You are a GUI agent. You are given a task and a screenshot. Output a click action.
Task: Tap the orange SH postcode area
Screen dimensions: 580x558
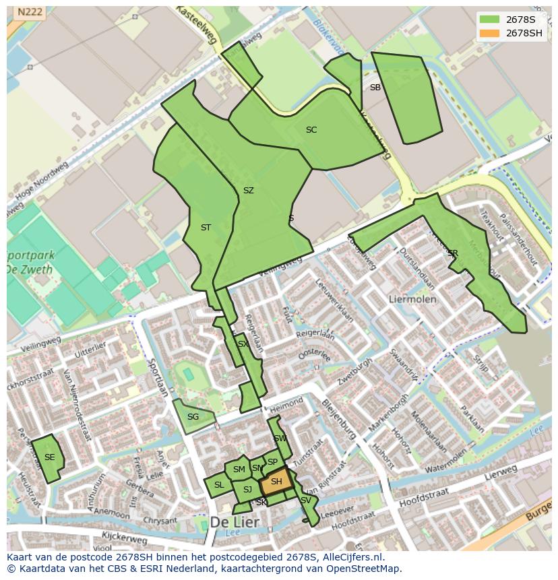(276, 482)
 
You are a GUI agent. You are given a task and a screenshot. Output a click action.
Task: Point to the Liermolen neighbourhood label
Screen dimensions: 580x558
(412, 298)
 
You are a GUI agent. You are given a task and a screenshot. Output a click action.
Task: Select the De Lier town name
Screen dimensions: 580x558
(235, 522)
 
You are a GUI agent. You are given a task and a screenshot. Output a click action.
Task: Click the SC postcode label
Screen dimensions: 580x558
(311, 130)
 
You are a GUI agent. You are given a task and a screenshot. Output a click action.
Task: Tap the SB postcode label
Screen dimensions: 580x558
(375, 88)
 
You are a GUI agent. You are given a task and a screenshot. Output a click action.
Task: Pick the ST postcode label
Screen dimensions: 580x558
(206, 228)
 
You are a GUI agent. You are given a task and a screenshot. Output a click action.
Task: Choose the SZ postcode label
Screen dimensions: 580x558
(249, 191)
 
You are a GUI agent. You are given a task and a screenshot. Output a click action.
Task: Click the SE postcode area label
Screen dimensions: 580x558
(49, 457)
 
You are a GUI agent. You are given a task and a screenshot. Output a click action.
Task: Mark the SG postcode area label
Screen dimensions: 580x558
(193, 417)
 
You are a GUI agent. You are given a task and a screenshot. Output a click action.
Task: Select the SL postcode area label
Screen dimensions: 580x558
(219, 485)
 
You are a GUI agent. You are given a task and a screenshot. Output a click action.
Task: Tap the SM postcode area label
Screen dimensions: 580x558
(239, 470)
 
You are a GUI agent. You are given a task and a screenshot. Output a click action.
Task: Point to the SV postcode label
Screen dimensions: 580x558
(306, 501)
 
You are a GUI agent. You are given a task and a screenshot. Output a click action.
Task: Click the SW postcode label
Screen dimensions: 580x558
(280, 439)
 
